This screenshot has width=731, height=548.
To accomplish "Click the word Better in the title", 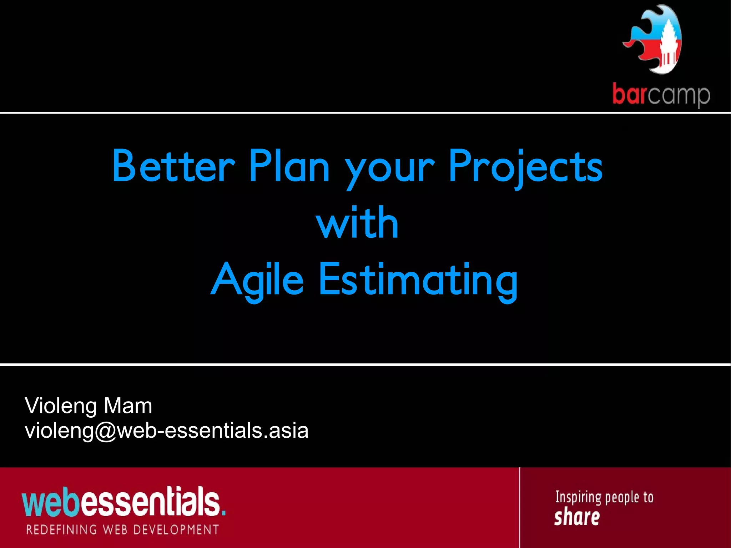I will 173,166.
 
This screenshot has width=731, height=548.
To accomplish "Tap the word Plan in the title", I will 289,166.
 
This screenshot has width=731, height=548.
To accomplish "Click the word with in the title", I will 357,223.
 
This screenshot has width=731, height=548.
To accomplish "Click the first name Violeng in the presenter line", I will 61,406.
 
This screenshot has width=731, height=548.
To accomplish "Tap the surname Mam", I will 128,406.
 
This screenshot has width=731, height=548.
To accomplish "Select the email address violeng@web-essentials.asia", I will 166,431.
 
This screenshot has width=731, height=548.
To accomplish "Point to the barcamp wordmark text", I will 661,95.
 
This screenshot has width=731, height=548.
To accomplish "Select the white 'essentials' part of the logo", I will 150,502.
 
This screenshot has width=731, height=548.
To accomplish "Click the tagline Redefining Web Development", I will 122,529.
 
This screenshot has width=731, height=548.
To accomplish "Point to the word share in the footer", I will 577,518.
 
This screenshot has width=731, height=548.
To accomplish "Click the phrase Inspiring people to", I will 604,497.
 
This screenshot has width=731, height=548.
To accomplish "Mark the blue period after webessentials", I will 223,513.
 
